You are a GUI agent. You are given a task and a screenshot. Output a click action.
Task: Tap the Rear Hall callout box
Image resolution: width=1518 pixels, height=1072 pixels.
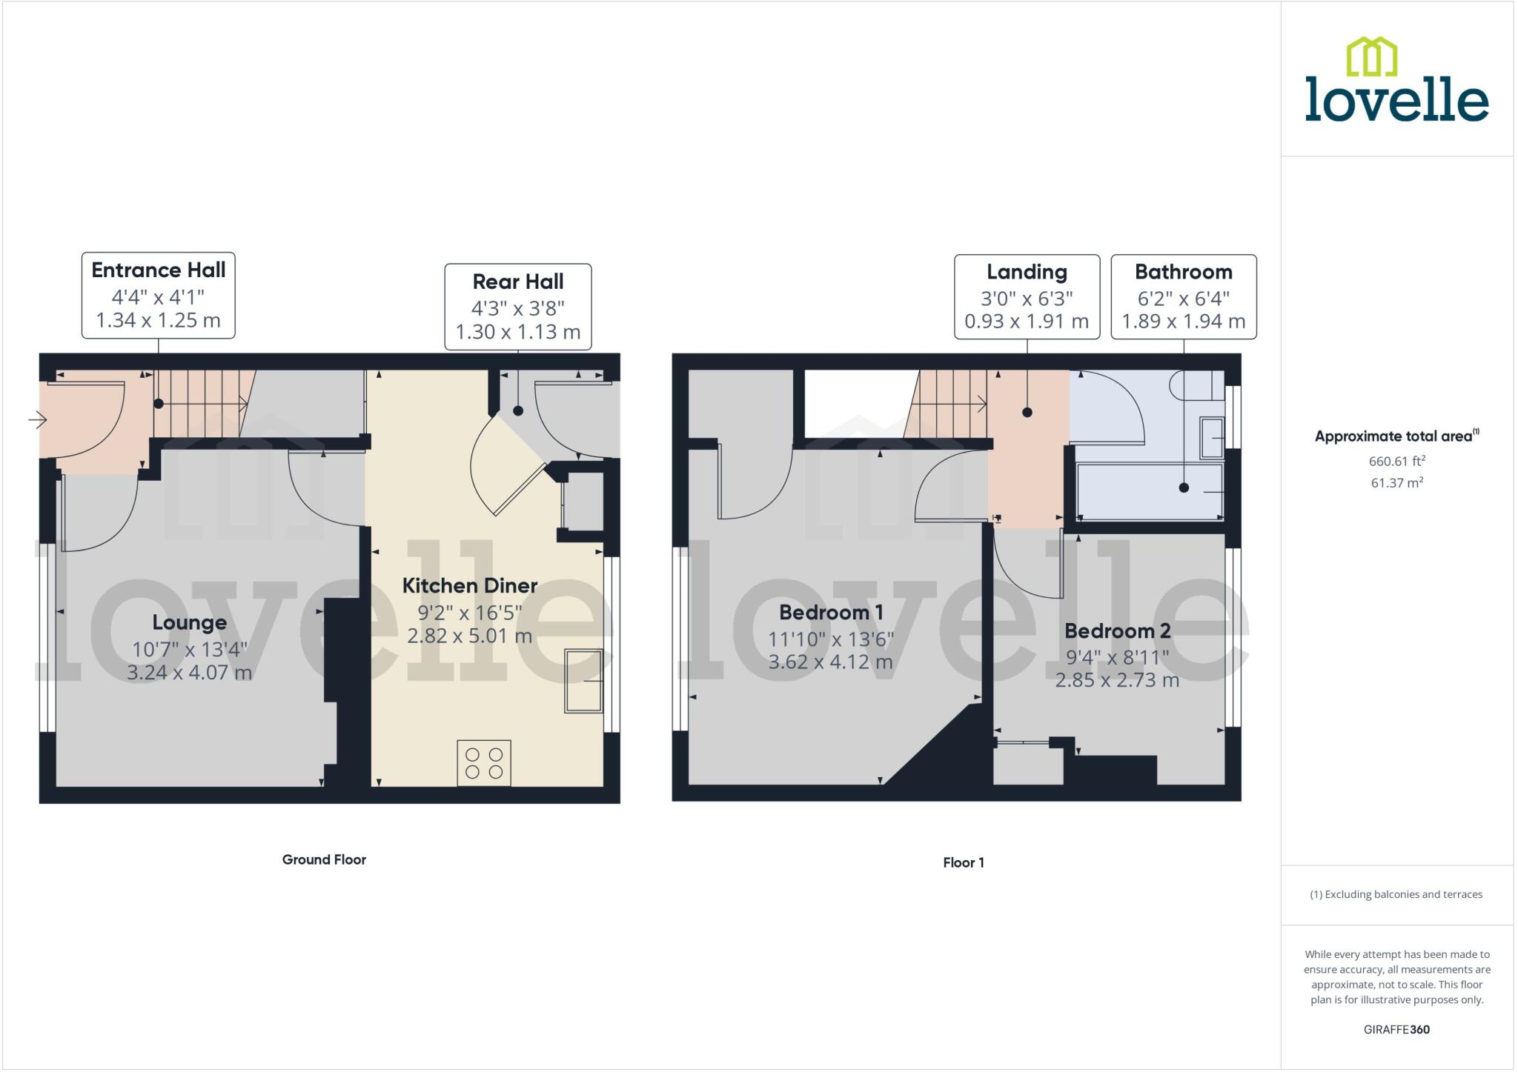click(x=517, y=306)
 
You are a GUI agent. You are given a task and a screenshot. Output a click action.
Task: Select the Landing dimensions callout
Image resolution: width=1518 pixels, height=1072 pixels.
click(x=1026, y=297)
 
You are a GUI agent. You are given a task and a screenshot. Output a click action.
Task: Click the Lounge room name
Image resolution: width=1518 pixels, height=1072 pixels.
click(x=190, y=622)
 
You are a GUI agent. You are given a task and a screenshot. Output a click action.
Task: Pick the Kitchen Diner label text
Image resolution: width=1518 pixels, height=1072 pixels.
click(x=469, y=586)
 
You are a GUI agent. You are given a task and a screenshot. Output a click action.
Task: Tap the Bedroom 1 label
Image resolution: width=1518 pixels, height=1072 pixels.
click(x=830, y=613)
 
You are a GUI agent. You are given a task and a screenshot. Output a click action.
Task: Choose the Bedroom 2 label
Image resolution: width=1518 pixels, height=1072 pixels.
click(x=1117, y=631)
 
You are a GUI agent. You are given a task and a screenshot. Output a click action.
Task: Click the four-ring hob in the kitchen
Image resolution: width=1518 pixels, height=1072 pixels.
click(x=484, y=763)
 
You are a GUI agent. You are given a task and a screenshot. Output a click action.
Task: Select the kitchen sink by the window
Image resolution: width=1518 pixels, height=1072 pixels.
click(x=583, y=680)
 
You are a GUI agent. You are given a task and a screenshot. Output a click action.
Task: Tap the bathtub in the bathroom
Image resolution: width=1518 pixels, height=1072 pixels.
click(x=1149, y=491)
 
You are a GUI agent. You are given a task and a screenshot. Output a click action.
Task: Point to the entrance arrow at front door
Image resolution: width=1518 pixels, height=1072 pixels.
click(x=37, y=421)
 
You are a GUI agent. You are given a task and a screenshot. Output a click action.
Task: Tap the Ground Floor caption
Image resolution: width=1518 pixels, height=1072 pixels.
click(x=324, y=859)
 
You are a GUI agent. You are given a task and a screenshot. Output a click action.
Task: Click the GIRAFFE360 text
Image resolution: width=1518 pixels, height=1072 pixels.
click(x=1396, y=1029)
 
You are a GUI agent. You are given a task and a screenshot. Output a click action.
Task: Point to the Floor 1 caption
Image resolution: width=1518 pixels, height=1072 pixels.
click(x=963, y=862)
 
